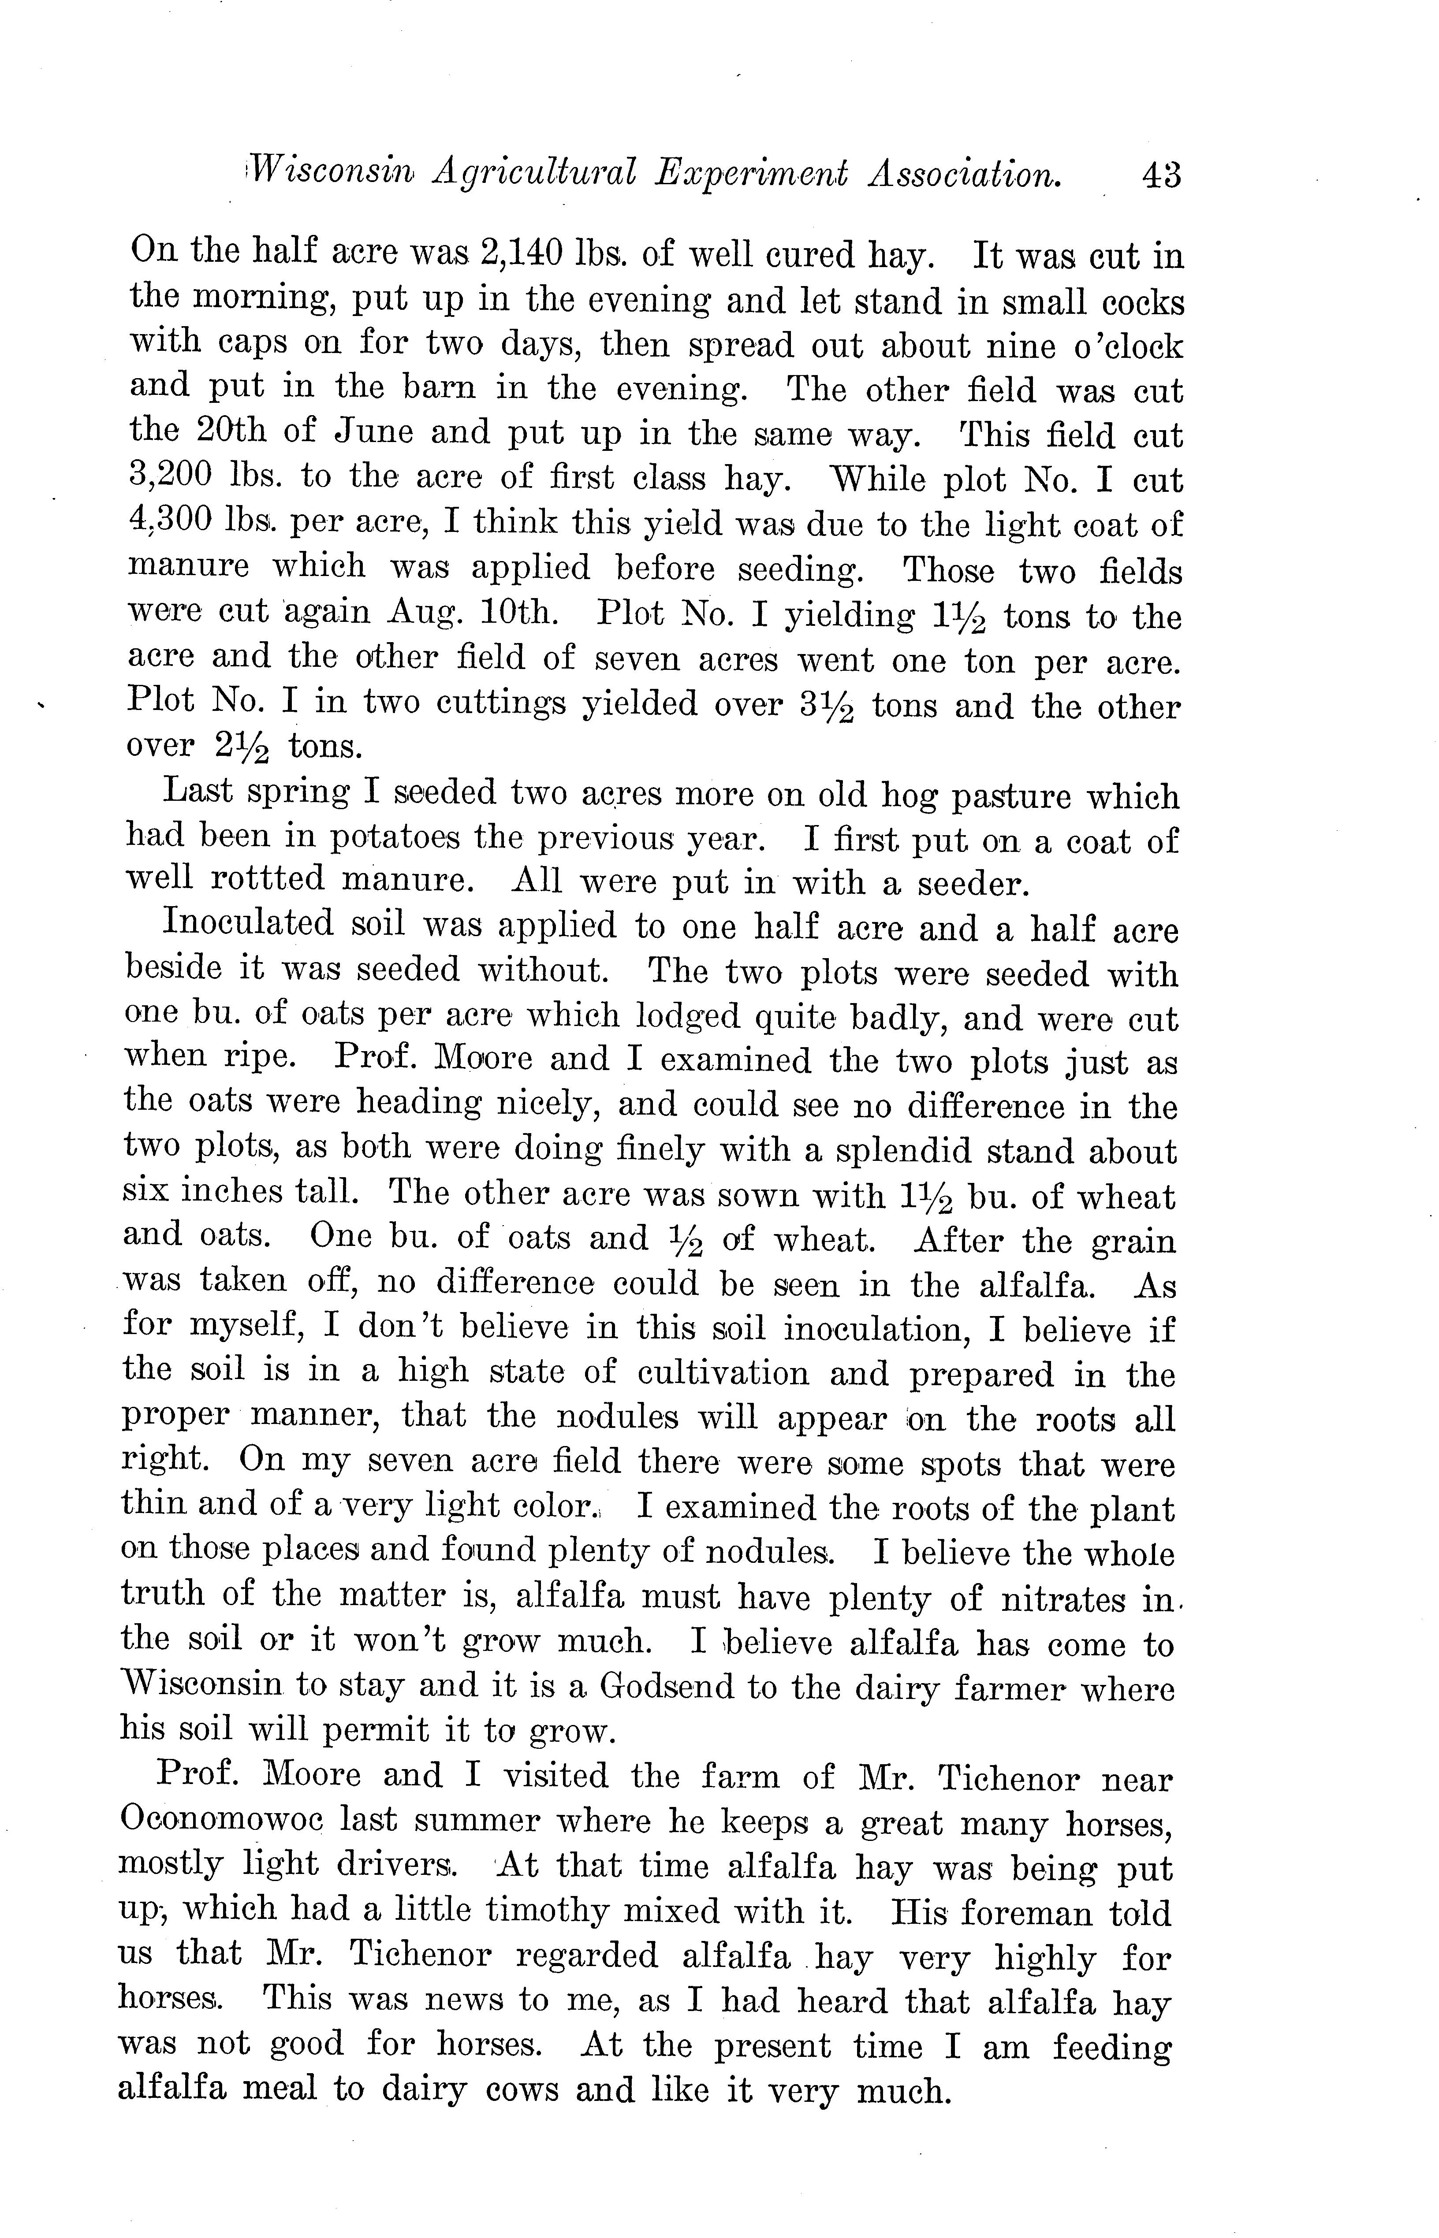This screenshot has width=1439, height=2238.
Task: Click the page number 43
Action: coord(1160,175)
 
